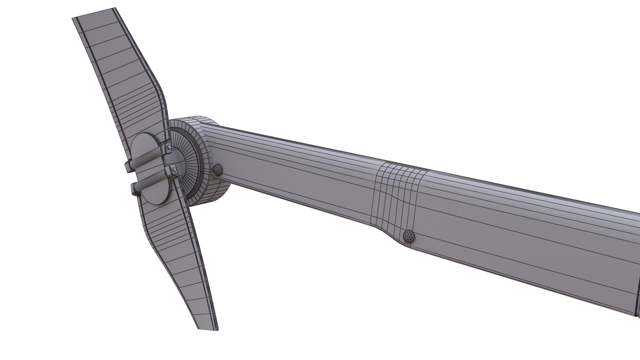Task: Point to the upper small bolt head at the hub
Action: tap(170, 147)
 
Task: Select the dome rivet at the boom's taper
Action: tap(409, 236)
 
